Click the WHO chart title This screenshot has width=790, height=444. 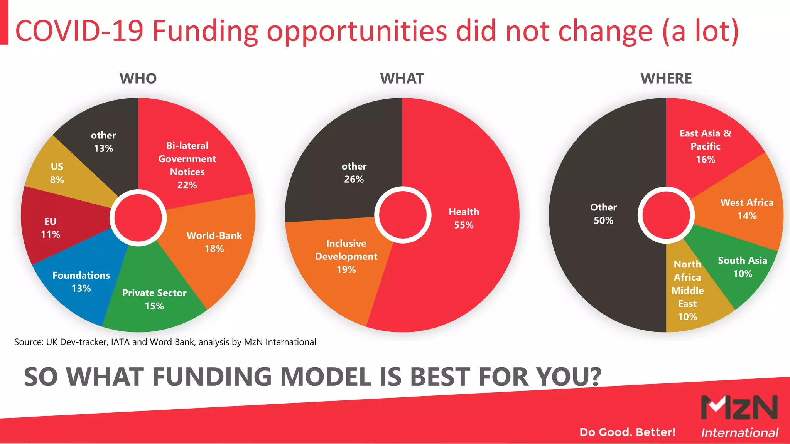coord(138,79)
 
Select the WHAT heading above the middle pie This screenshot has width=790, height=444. coord(402,79)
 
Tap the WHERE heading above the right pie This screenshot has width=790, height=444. coord(666,79)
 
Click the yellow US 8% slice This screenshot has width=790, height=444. coord(62,173)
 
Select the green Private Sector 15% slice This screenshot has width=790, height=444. coord(154,299)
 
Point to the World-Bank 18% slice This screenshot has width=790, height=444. coord(214,242)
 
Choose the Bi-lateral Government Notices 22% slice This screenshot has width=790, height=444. coord(187,165)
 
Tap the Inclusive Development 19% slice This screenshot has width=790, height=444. coord(346,256)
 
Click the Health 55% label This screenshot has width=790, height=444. coord(464,219)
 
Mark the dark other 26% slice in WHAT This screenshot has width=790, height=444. coord(354,173)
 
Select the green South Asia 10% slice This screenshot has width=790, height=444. coord(742,267)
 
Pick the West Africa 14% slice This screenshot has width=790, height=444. coord(747,209)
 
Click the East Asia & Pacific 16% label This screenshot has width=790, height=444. coord(706,146)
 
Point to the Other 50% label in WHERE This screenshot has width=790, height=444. coord(603,214)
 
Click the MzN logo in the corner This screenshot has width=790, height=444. coord(739,408)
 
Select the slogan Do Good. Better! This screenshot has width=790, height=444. coord(627,432)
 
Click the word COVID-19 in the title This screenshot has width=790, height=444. coord(79,31)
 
